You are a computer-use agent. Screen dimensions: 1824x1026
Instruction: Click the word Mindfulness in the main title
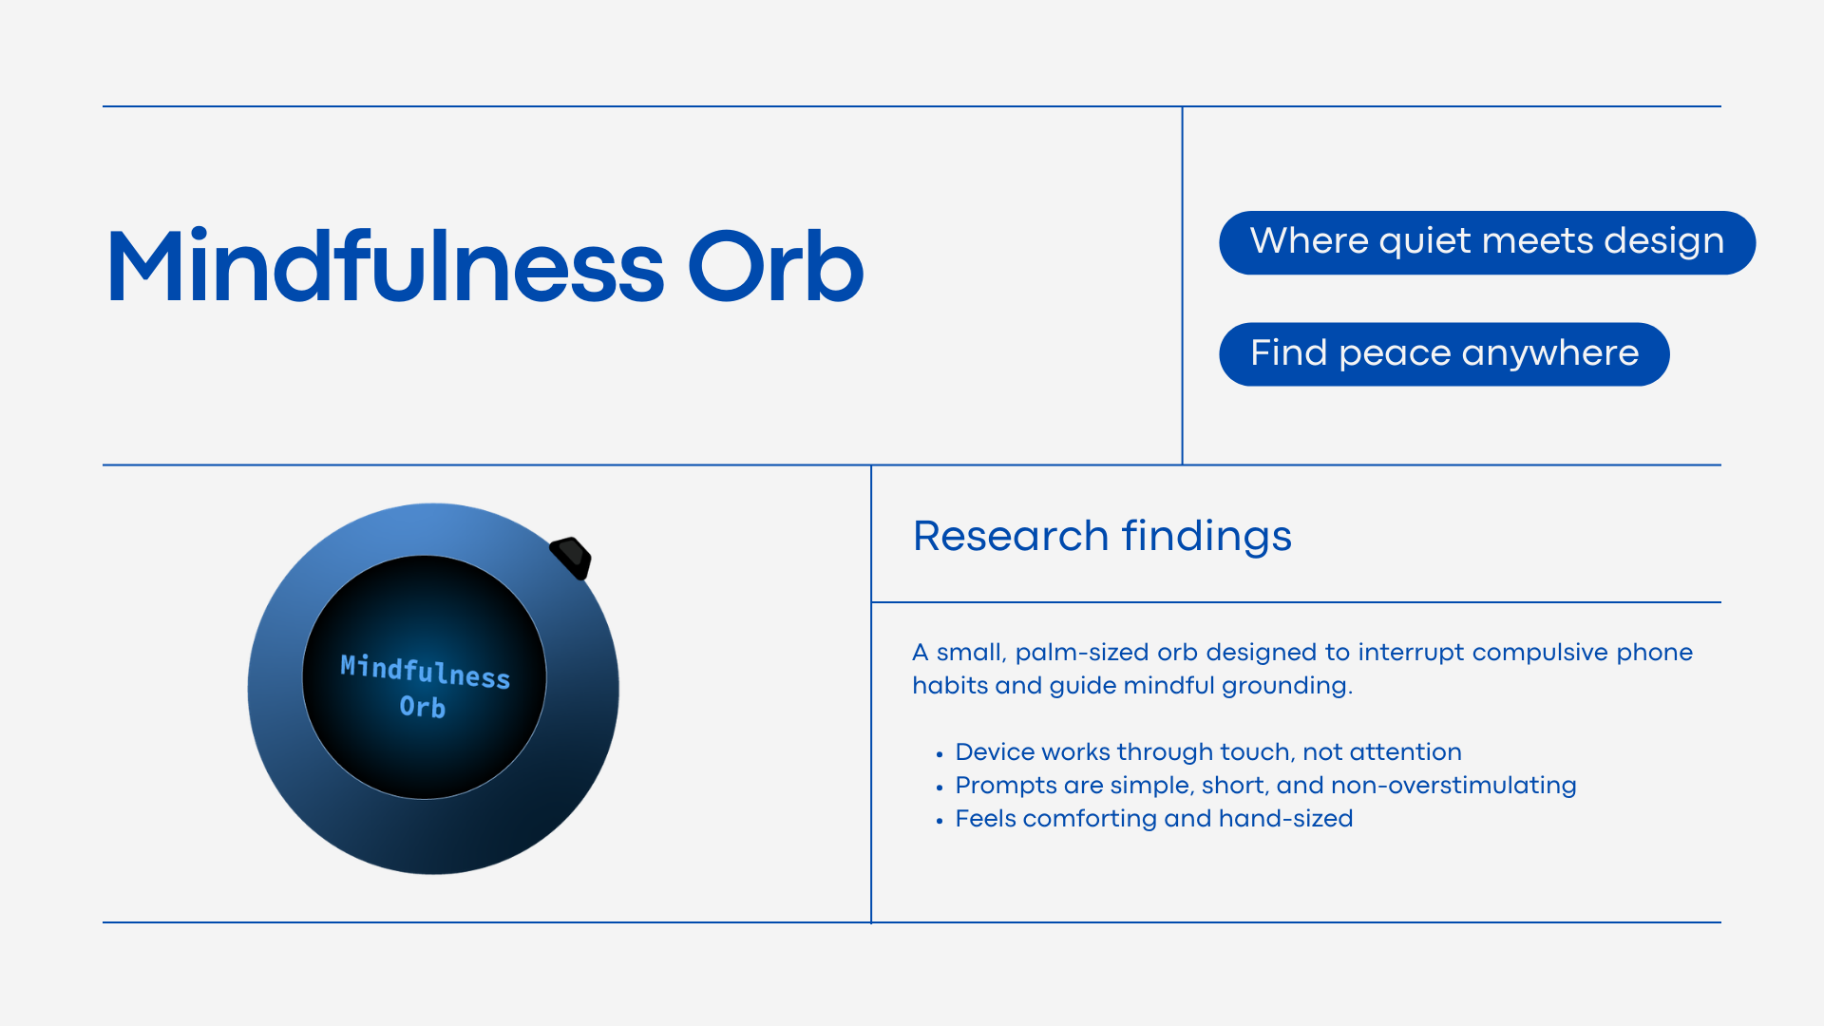point(386,267)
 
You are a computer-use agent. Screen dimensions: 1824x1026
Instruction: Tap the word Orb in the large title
point(775,267)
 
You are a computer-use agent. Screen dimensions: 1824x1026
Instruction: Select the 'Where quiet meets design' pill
point(1487,242)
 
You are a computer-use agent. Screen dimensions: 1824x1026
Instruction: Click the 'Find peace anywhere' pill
point(1444,354)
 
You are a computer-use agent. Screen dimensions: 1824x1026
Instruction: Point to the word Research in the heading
point(1011,536)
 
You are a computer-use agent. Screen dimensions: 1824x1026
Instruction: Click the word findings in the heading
point(1206,538)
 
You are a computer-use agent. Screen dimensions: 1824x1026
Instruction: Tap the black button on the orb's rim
point(571,558)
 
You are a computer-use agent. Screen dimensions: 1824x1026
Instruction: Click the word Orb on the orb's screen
point(423,707)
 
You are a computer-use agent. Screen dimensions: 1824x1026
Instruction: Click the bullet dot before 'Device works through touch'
point(940,754)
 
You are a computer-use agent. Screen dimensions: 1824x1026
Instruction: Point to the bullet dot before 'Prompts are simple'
point(940,788)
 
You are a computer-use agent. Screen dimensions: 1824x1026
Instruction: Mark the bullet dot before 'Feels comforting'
point(940,821)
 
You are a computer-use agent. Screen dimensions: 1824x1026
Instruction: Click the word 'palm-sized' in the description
point(1082,654)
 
